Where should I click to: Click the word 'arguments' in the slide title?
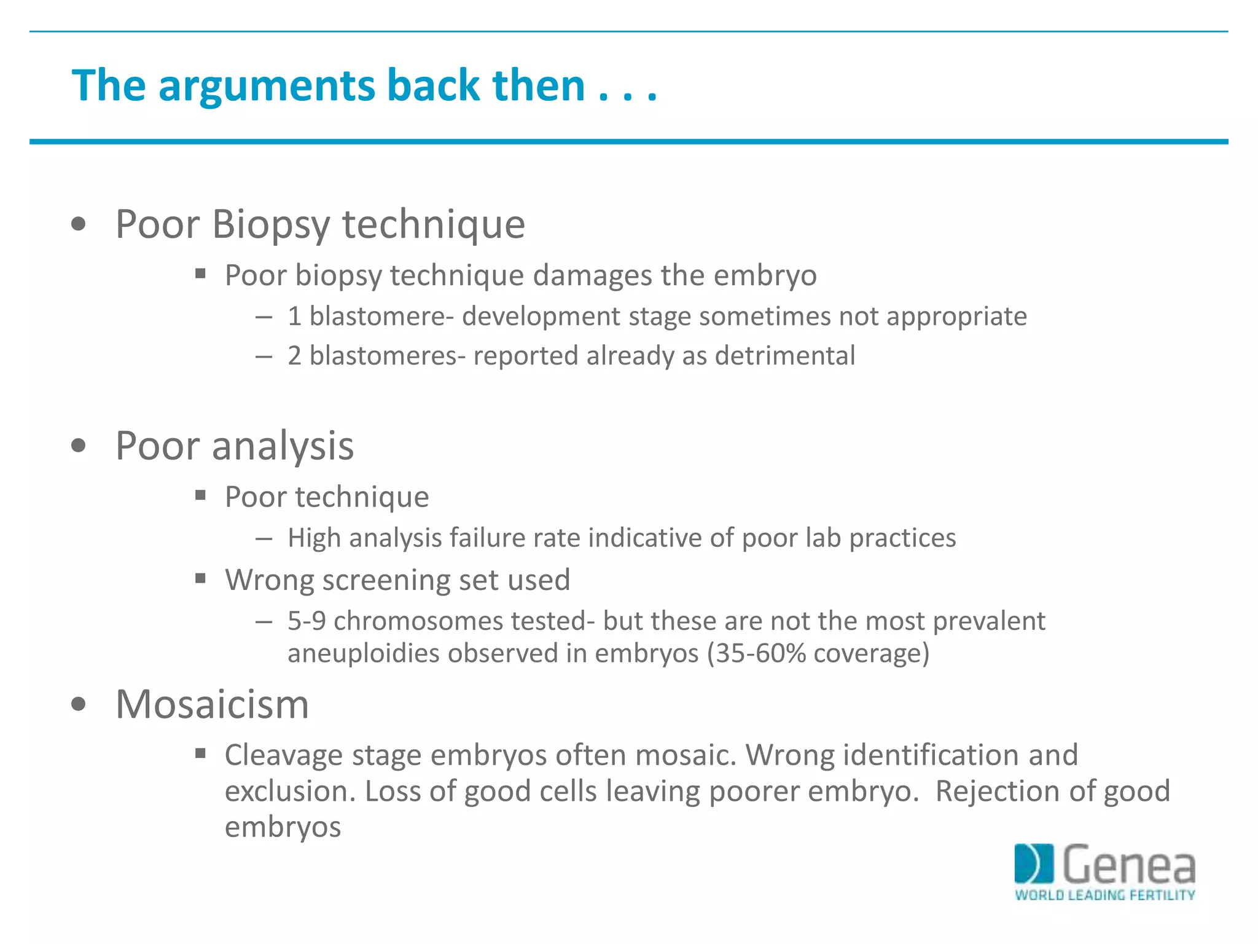[x=267, y=86]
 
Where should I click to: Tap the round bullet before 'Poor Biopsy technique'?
[x=79, y=224]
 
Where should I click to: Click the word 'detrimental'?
[x=784, y=356]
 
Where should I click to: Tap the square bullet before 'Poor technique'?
[x=200, y=495]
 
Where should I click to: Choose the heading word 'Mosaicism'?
[x=212, y=704]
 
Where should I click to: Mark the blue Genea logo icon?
[x=1034, y=863]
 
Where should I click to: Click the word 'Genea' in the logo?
[x=1129, y=865]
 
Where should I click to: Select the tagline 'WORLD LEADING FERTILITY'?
[x=1104, y=895]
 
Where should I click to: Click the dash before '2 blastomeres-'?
[x=264, y=356]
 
